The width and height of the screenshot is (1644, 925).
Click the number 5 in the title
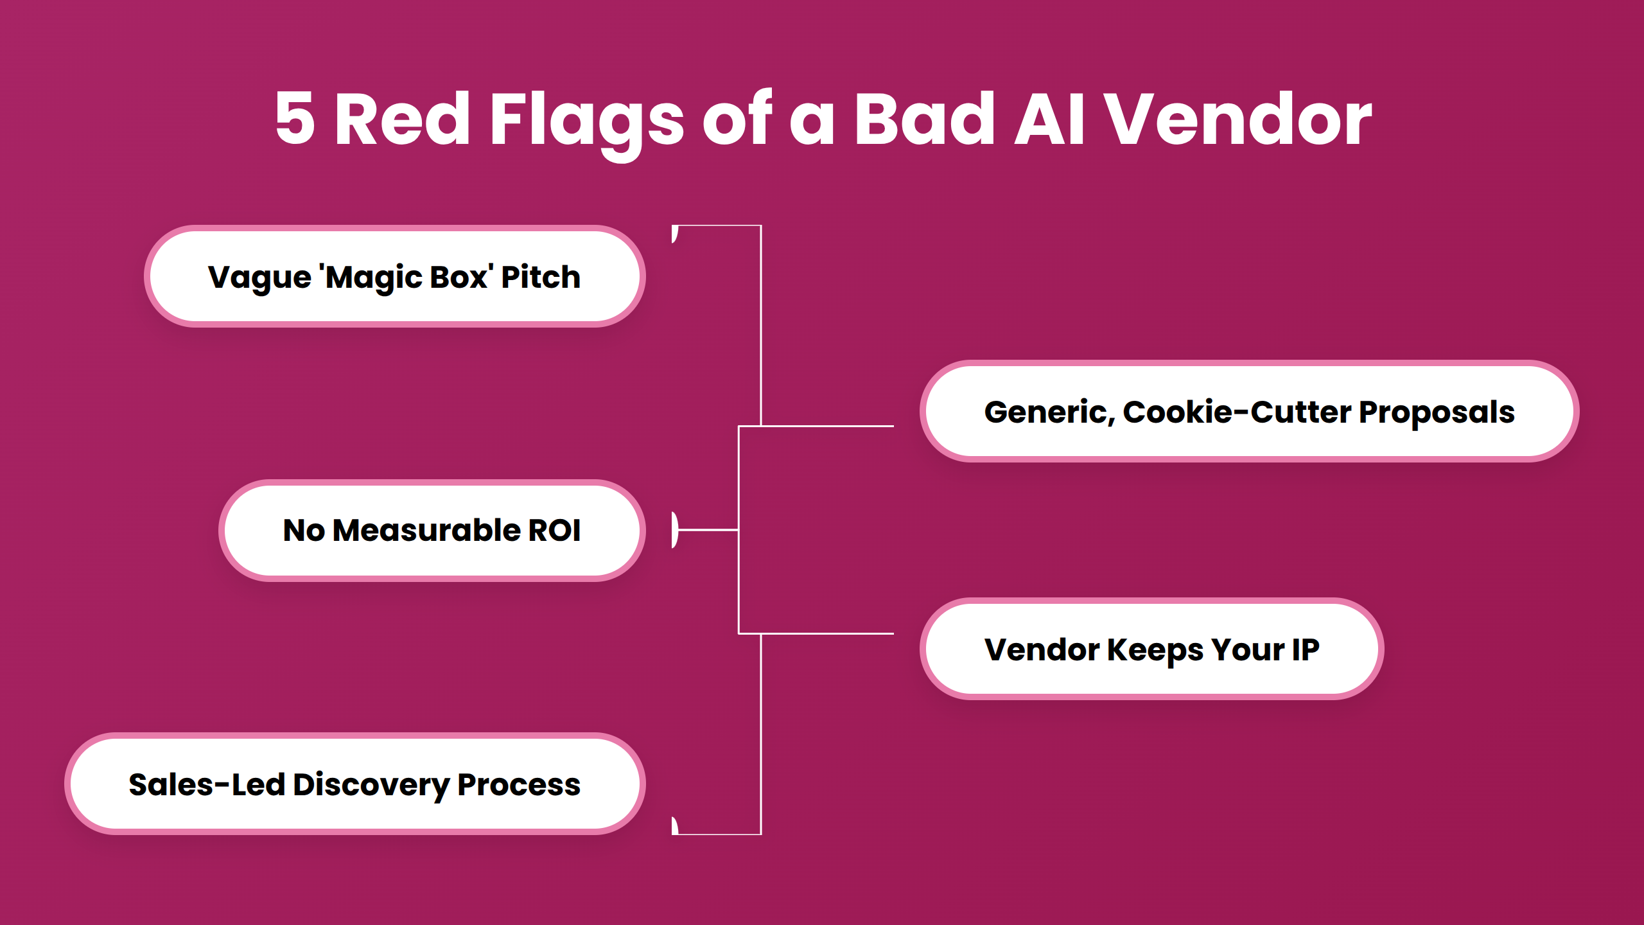(295, 118)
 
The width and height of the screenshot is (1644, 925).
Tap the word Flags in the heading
(586, 119)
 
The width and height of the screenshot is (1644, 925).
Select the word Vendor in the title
(1237, 118)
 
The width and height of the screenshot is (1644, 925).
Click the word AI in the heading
(1049, 118)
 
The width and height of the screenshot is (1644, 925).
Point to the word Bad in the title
(924, 118)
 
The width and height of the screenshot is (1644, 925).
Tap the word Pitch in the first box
(541, 277)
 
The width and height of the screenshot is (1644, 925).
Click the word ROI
(554, 531)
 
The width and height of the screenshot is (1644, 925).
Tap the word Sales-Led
(206, 785)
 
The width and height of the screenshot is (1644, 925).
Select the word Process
(519, 785)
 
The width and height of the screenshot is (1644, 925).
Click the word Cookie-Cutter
(1237, 412)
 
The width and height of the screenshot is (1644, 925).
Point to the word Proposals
(1437, 412)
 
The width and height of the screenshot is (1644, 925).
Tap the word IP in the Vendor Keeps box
(1305, 649)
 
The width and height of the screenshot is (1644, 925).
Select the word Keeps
(1155, 649)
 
